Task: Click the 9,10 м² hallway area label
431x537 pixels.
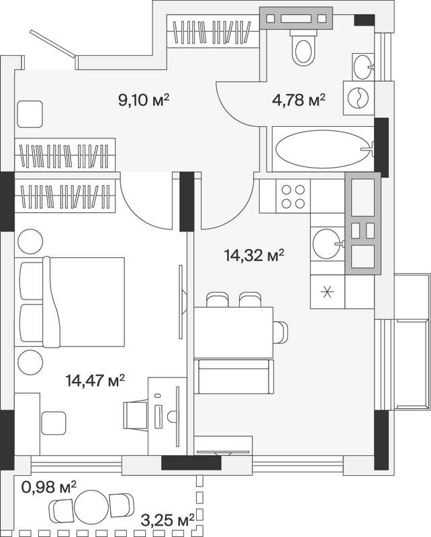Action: [144, 100]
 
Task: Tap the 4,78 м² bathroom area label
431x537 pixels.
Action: [299, 100]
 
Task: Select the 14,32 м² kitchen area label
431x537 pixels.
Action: [254, 255]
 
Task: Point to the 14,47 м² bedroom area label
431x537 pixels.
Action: [95, 380]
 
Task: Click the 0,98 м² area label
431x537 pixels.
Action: [48, 487]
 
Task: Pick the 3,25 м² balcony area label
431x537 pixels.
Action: [168, 521]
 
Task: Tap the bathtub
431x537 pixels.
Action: [323, 149]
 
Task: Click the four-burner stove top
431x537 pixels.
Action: [293, 197]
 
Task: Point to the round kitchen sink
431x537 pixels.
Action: [328, 244]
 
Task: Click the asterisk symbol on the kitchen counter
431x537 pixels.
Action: [328, 292]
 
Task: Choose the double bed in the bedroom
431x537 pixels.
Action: [70, 301]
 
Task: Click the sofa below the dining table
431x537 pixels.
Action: [234, 377]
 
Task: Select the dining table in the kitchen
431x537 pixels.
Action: [234, 332]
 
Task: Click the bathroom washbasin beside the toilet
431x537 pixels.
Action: [363, 66]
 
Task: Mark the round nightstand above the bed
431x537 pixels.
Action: [30, 241]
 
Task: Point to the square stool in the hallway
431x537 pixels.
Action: [29, 114]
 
